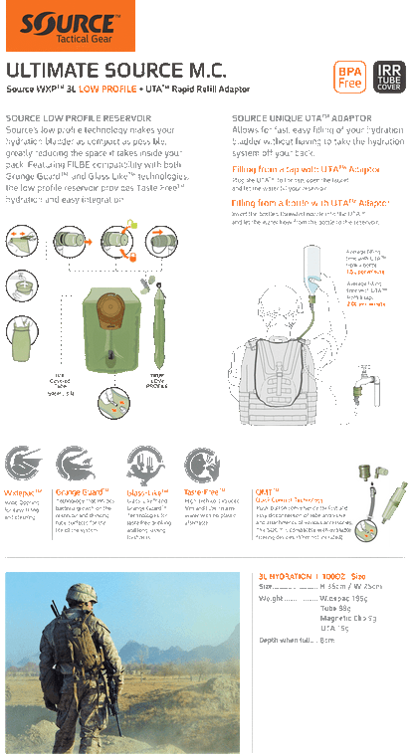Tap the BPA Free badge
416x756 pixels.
tap(350, 77)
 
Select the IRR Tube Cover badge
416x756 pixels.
tap(388, 77)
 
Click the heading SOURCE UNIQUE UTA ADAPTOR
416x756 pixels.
tap(293, 119)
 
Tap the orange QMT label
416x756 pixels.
tap(264, 490)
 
